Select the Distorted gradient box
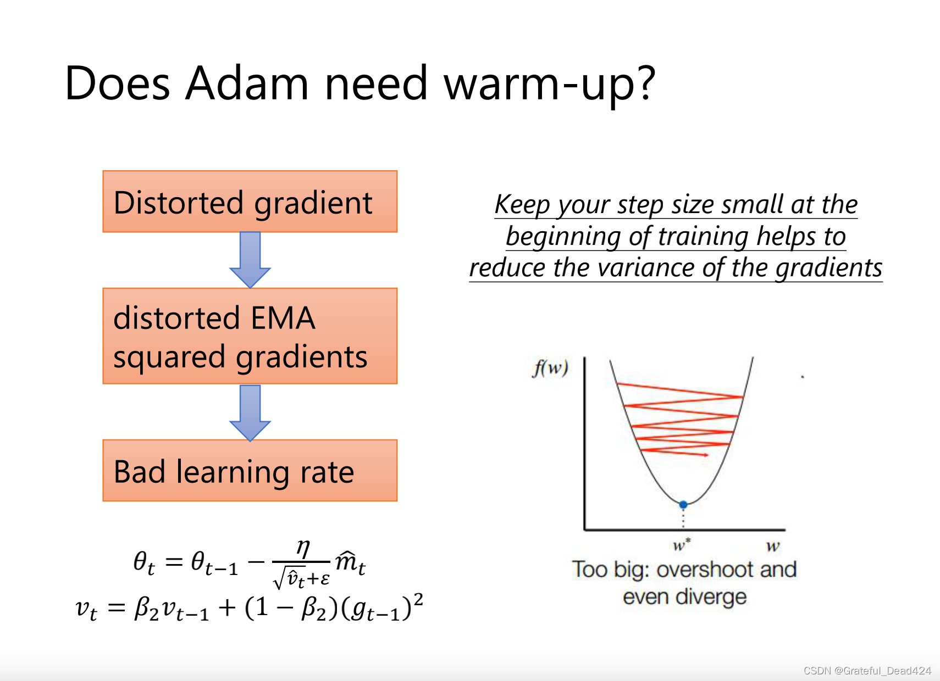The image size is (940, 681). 250,202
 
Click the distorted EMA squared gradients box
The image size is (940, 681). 250,336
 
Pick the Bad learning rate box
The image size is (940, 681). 250,471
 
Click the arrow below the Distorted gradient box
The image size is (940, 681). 250,260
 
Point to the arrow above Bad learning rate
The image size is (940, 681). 250,413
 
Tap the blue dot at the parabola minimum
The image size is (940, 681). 683,505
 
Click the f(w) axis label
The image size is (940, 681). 550,368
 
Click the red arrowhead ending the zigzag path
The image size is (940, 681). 706,455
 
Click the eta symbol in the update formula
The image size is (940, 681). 303,548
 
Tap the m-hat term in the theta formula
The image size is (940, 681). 350,562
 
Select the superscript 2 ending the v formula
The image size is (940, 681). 418,600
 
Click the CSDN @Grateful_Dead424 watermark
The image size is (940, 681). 867,671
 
